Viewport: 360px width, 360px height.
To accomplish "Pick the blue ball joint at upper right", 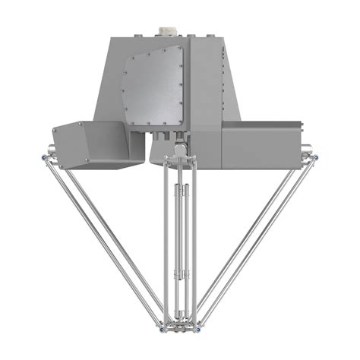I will click(314, 157).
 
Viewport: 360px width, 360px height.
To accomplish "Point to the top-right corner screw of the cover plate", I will click(180, 48).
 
